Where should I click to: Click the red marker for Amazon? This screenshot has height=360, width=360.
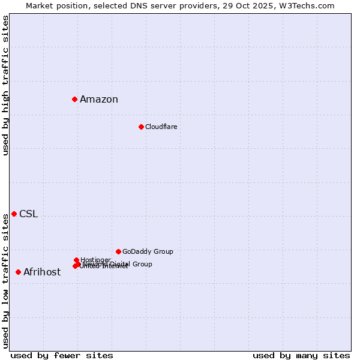coord(74,99)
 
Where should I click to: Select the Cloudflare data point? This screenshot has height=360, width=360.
coord(141,127)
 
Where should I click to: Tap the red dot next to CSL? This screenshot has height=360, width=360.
coord(14,214)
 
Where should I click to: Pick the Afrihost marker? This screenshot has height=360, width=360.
coord(18,272)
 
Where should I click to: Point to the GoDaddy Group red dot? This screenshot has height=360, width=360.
coord(118,251)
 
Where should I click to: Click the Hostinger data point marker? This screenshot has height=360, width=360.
coord(76,260)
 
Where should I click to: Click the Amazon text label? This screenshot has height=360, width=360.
coord(99,100)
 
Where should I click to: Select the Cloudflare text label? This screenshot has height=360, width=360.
coord(161,127)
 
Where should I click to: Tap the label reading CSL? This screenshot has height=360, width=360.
coord(28,214)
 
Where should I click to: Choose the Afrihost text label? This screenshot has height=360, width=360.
coord(42,272)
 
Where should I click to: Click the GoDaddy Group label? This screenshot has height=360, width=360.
coord(148,251)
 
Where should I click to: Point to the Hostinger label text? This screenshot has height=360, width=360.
coord(95,260)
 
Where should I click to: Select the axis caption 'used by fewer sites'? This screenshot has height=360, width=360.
coord(62,355)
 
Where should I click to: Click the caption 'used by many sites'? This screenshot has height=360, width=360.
coord(301,355)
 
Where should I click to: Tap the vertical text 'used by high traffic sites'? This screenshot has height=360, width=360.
coord(5,85)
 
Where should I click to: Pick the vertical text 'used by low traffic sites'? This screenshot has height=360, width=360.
coord(5,281)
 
